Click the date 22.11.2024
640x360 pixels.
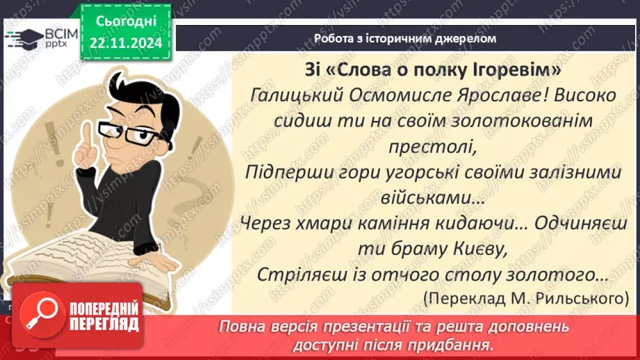[125, 43]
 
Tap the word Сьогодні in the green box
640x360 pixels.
[125, 21]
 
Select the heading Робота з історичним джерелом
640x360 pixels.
[405, 38]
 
